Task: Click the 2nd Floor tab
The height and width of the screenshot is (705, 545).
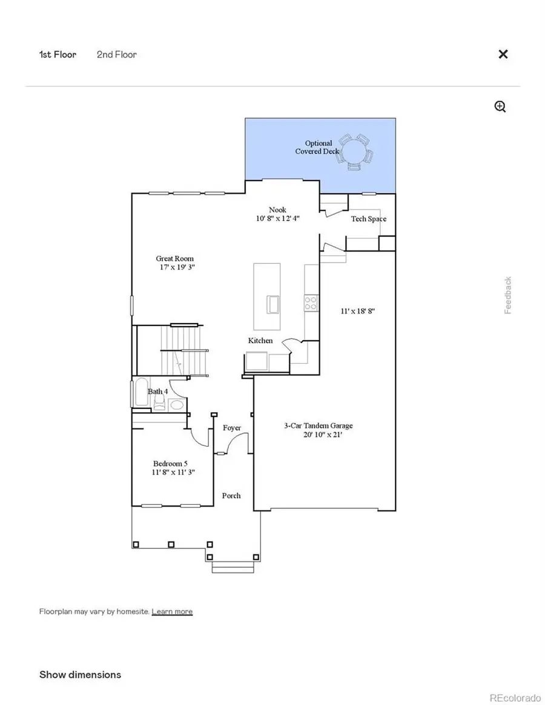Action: click(x=116, y=54)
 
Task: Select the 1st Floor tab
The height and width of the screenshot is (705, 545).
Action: click(x=58, y=54)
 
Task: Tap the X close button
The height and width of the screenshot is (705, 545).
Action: click(x=503, y=54)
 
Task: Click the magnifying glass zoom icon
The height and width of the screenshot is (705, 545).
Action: click(x=500, y=107)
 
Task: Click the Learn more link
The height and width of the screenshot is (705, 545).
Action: click(x=172, y=612)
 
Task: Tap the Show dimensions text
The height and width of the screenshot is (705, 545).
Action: click(x=80, y=675)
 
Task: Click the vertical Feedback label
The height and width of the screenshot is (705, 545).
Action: click(x=508, y=295)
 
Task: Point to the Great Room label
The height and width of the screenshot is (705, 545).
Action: click(x=175, y=258)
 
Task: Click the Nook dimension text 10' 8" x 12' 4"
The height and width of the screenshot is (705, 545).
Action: click(x=279, y=218)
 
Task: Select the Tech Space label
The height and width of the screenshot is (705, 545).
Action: click(x=368, y=219)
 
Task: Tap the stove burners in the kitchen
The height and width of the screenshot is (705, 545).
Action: click(x=311, y=303)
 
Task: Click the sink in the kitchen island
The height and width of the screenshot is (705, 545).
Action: click(x=273, y=304)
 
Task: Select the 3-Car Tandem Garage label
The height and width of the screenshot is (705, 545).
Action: click(x=318, y=425)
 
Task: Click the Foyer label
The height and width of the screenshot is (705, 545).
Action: click(x=232, y=428)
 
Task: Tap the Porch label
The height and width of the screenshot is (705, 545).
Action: click(x=231, y=496)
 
